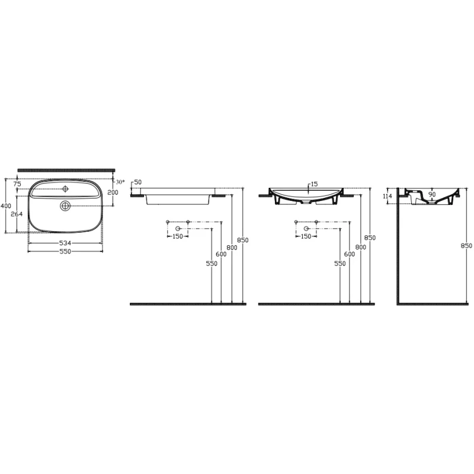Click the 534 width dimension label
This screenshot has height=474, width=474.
pyautogui.click(x=65, y=243)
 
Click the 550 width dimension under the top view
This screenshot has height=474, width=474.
pyautogui.click(x=65, y=251)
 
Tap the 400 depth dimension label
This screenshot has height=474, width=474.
pyautogui.click(x=6, y=206)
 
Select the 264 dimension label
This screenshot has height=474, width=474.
pyautogui.click(x=17, y=214)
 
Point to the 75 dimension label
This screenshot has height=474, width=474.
pyautogui.click(x=17, y=184)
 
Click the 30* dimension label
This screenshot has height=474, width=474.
pyautogui.click(x=120, y=182)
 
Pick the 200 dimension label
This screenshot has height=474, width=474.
pyautogui.click(x=113, y=193)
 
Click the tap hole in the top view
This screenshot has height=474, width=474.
pyautogui.click(x=65, y=189)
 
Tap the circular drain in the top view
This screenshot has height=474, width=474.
pyautogui.click(x=65, y=206)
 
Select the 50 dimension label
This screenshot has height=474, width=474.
pyautogui.click(x=137, y=182)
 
